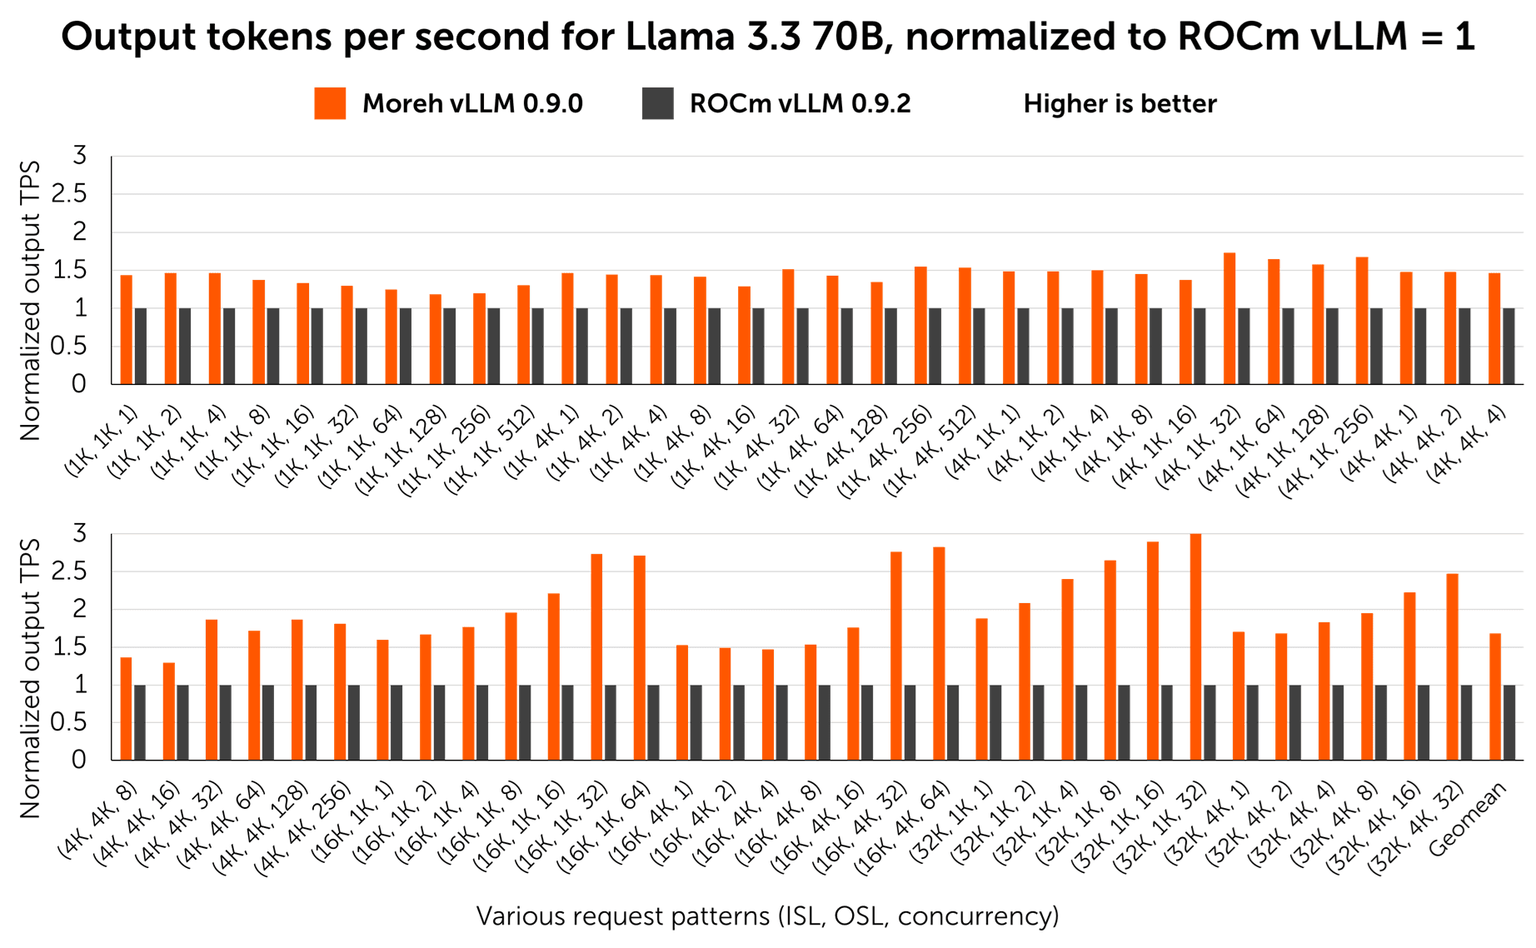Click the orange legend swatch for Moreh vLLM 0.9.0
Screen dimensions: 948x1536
(x=330, y=103)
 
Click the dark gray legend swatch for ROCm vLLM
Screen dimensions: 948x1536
(x=657, y=103)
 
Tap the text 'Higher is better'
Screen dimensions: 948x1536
(x=1120, y=104)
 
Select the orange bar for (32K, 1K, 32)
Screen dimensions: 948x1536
(x=1195, y=646)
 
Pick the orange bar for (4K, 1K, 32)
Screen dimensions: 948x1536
(x=1229, y=318)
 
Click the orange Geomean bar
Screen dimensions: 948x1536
(x=1495, y=696)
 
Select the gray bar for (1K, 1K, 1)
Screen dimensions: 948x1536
(x=141, y=346)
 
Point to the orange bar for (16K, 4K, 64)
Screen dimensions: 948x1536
(x=939, y=653)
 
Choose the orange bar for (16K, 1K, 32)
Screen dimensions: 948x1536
(x=596, y=656)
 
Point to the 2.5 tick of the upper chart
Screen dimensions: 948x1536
(x=70, y=194)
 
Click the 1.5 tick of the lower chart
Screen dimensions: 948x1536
(x=70, y=646)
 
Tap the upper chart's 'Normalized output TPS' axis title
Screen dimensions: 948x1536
(x=30, y=300)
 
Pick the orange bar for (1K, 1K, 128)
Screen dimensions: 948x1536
(x=436, y=338)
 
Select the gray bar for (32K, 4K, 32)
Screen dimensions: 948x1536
(x=1466, y=722)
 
